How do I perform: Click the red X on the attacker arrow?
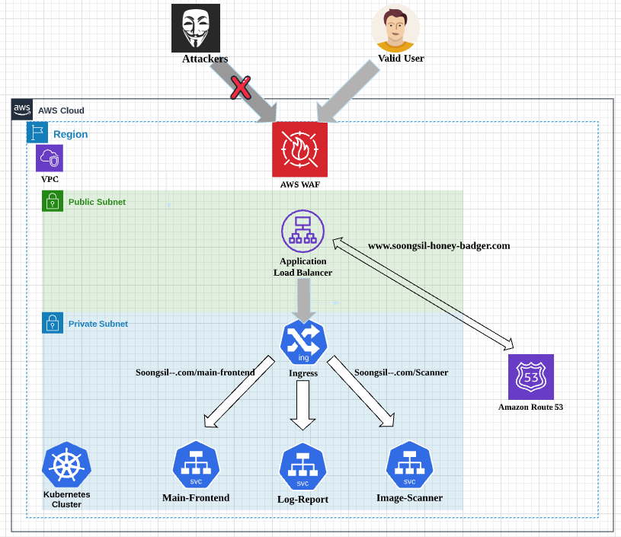(x=240, y=88)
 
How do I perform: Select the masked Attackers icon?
(x=195, y=28)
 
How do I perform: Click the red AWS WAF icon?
(x=299, y=149)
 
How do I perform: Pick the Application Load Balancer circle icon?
(x=302, y=231)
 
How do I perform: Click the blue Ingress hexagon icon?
(x=303, y=343)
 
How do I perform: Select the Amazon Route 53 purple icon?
(x=531, y=376)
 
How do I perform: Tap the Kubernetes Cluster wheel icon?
(x=66, y=465)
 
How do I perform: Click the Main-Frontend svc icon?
(x=196, y=465)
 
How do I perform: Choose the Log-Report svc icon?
(x=302, y=466)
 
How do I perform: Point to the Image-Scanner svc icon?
(x=409, y=465)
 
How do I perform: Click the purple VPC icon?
(x=50, y=158)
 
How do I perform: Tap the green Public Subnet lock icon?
(x=52, y=201)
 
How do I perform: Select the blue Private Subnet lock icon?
(x=52, y=323)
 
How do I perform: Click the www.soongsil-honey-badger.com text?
(x=439, y=246)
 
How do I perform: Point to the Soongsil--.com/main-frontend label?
(x=195, y=372)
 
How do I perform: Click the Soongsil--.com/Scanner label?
(x=401, y=372)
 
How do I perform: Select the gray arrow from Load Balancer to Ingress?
(x=303, y=299)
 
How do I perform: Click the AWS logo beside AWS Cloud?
(x=22, y=110)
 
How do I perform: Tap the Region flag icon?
(x=37, y=133)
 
